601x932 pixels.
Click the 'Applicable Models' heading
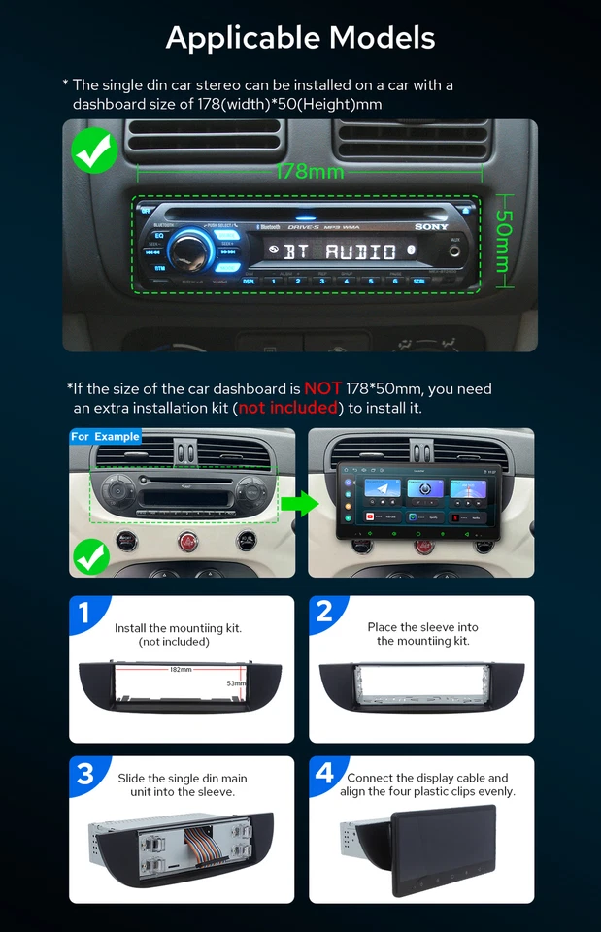(300, 38)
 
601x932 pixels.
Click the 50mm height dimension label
(502, 242)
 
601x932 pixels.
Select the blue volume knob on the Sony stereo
(192, 249)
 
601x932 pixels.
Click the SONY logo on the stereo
(432, 227)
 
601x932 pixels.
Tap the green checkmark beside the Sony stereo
(94, 150)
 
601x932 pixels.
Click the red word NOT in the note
(322, 388)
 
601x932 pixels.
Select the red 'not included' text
(288, 408)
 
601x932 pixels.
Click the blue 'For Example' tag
(105, 437)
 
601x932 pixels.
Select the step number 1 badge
(84, 613)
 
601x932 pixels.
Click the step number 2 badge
(324, 612)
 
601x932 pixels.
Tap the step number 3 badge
(85, 773)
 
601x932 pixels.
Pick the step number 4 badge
(324, 773)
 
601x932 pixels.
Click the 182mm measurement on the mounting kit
(181, 670)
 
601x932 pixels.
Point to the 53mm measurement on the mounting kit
(236, 683)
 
